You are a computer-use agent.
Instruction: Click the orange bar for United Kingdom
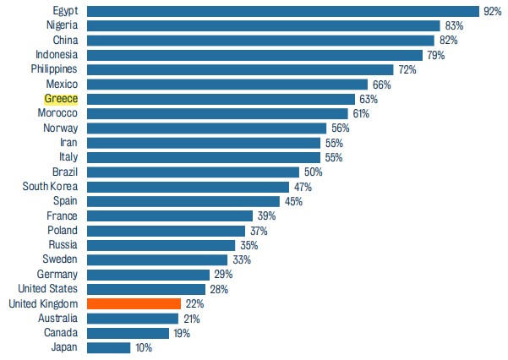pos(134,303)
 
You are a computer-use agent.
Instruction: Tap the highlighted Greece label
pos(61,99)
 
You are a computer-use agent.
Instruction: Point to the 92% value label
pos(492,11)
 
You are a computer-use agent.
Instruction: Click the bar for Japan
pos(109,347)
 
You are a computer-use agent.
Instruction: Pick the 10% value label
pos(143,347)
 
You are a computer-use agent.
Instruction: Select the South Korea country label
pos(51,187)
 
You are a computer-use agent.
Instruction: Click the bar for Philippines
pos(240,69)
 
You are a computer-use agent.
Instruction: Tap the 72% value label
pos(408,69)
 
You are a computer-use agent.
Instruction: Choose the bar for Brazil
pos(193,172)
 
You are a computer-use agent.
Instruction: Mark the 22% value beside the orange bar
pos(194,303)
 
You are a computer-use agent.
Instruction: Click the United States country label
pos(47,289)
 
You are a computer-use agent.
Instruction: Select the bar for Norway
pos(206,128)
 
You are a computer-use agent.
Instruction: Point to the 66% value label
pos(382,85)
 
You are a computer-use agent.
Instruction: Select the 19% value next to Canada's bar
pos(181,333)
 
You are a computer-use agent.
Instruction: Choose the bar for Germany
pos(148,275)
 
